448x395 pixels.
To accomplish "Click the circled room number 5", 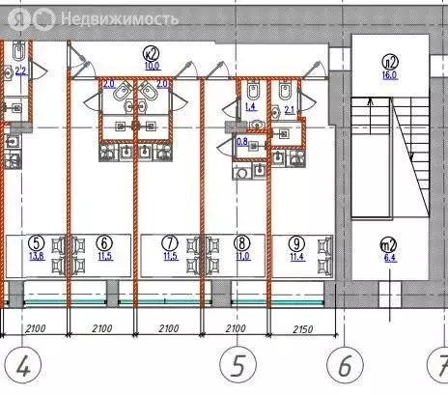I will (x=38, y=242).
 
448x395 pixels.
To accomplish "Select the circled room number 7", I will (x=170, y=242).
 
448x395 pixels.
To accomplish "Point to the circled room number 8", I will (x=241, y=242).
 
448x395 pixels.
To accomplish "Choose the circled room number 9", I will (x=297, y=242).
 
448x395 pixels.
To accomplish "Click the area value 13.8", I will (x=38, y=256).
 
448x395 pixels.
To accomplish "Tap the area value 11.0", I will (x=241, y=256).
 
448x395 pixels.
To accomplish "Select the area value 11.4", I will (x=297, y=256).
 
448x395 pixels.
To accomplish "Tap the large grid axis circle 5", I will (x=236, y=366).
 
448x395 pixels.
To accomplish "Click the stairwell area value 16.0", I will (x=389, y=73).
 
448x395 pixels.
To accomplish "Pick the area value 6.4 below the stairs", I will (x=390, y=259).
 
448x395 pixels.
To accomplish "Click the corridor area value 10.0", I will (x=152, y=67).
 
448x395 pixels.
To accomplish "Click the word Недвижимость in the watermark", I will (x=119, y=18).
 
